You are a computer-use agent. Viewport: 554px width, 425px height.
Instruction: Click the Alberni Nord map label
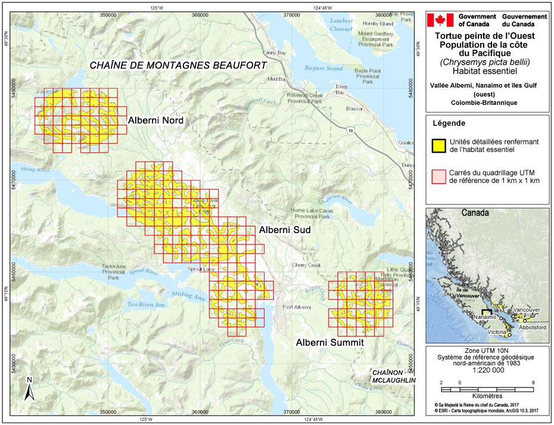(x=155, y=120)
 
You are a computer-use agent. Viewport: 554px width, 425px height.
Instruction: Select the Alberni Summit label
(x=329, y=343)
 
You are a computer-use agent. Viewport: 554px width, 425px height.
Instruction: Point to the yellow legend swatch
(x=439, y=145)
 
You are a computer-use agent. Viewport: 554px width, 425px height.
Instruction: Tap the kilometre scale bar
(x=486, y=389)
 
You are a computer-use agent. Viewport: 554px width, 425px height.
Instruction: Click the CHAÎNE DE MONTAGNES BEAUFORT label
(x=178, y=65)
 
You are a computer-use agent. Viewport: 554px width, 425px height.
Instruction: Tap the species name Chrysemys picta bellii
(x=485, y=62)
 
